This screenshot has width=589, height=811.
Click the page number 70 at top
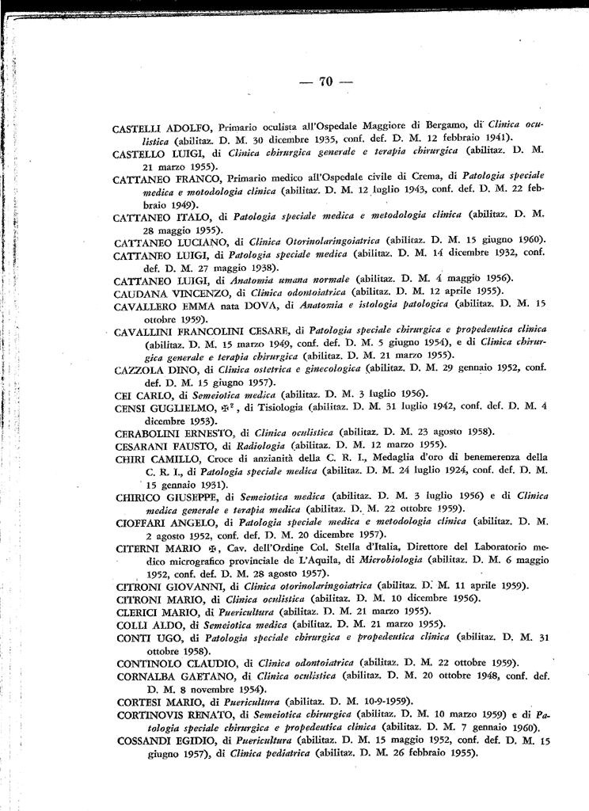tap(324, 81)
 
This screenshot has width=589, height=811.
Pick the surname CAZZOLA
tap(139, 368)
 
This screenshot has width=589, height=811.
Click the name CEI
tap(124, 394)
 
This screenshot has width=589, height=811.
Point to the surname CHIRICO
tap(141, 497)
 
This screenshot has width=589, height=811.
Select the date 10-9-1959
tap(380, 701)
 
